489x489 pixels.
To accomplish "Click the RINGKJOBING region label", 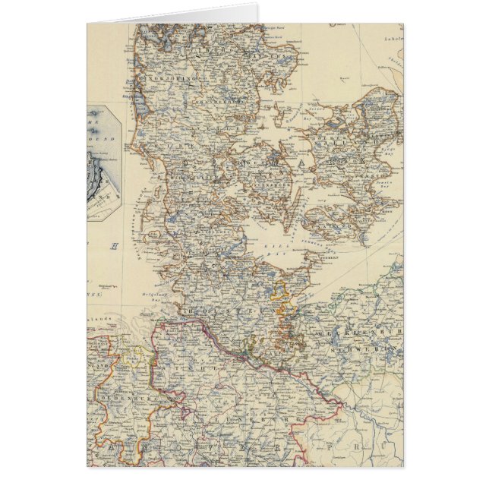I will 176,78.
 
